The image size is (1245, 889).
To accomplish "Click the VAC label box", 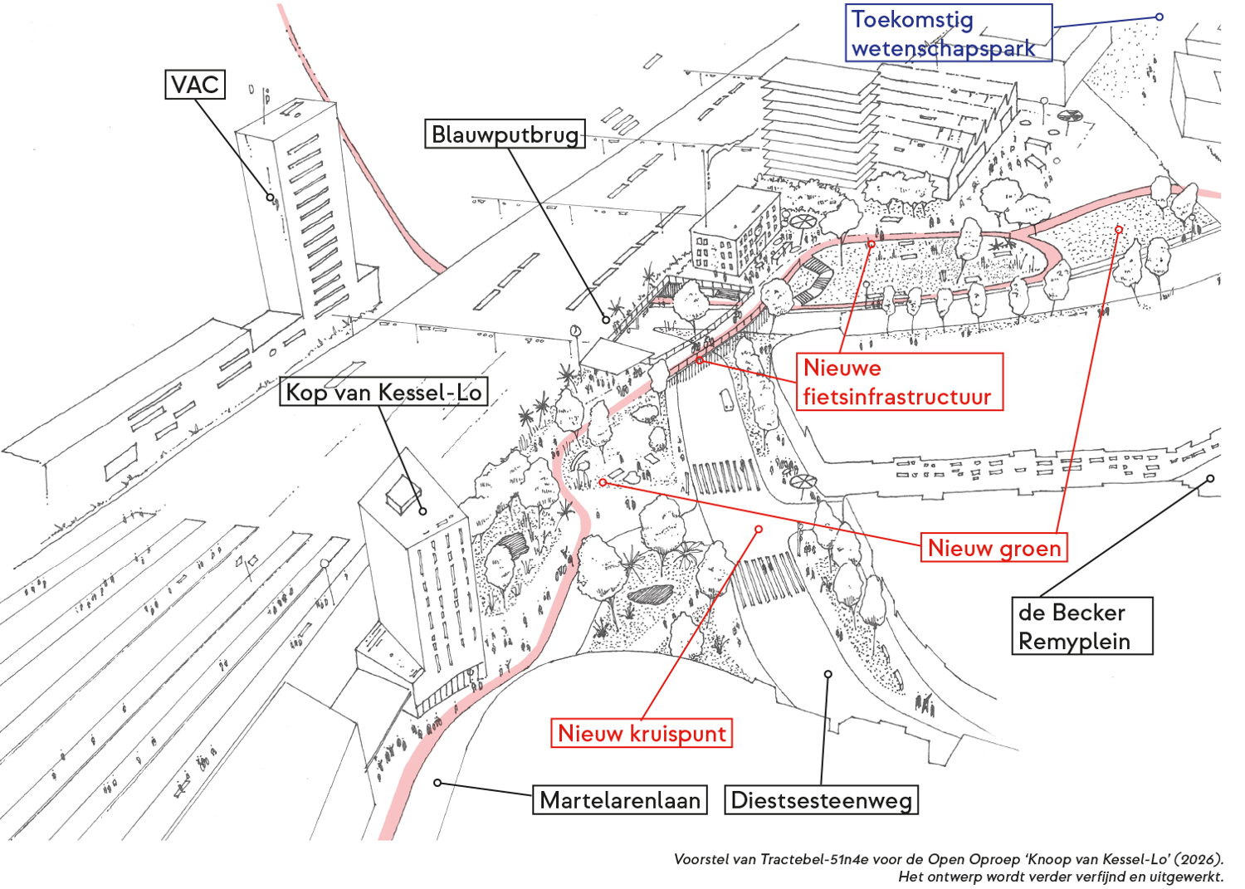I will [195, 84].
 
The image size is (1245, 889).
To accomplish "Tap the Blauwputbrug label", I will [505, 134].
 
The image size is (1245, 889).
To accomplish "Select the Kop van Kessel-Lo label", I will [383, 392].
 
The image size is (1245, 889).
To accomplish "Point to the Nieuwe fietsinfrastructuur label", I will [899, 382].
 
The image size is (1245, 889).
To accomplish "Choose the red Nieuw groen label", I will [994, 548].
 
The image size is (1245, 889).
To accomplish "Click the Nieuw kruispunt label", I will [642, 733].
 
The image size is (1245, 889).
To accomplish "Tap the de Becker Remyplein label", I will [1081, 626].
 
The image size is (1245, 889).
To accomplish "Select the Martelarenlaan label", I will [619, 800].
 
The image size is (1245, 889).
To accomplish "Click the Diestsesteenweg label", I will [821, 800].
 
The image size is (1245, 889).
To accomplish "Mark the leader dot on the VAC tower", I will [270, 197].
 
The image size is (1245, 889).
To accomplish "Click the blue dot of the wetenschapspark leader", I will [1160, 17].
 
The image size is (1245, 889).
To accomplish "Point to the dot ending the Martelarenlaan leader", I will [437, 783].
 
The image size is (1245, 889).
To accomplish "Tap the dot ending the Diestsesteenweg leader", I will [828, 674].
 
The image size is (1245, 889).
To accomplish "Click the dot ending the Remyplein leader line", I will [1210, 478].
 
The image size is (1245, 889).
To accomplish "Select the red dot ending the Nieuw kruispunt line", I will [759, 529].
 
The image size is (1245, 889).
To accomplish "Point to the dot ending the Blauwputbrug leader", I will [607, 320].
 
